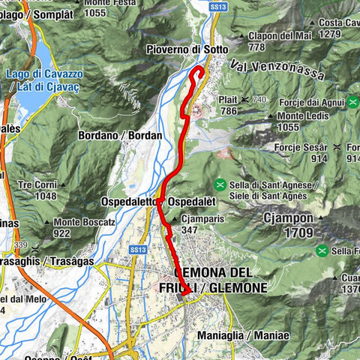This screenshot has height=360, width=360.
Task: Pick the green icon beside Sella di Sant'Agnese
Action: point(220,184)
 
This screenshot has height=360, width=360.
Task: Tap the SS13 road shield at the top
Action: point(217,6)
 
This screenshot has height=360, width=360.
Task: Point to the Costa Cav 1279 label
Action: point(334,29)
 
